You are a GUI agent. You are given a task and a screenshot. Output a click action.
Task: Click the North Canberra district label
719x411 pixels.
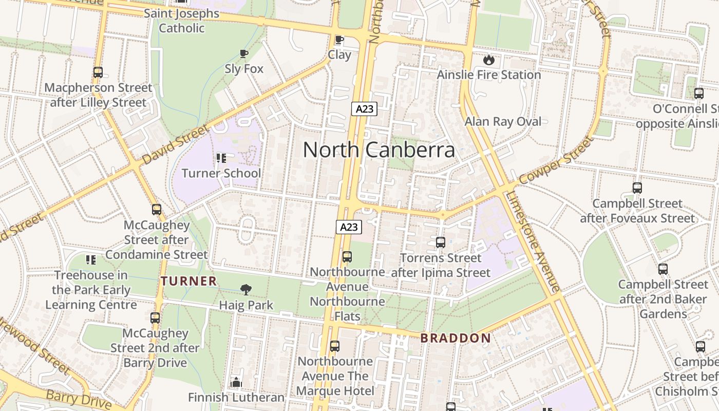(x=379, y=150)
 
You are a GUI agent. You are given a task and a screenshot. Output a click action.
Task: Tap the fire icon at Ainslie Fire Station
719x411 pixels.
(x=488, y=60)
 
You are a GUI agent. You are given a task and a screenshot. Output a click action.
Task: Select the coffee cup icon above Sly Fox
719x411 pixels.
(x=244, y=53)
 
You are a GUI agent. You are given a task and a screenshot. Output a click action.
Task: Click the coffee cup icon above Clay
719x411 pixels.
(x=339, y=40)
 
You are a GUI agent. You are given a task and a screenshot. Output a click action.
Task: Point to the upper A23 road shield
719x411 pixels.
(x=365, y=108)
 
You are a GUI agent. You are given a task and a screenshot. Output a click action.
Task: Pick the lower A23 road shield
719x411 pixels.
(x=349, y=227)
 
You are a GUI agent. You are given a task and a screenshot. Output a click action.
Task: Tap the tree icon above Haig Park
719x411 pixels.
(x=246, y=290)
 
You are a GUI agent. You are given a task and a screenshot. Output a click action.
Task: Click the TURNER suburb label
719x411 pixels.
(x=188, y=281)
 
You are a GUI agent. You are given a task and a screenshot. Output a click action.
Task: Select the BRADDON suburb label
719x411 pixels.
(x=456, y=338)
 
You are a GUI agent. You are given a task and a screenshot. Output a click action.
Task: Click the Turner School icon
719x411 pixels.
(x=221, y=158)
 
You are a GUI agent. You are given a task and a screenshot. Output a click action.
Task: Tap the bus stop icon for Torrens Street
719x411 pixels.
(x=440, y=242)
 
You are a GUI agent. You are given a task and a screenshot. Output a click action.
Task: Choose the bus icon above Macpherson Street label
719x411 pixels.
(x=98, y=72)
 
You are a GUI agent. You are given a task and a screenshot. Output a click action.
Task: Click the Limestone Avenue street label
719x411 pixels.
(x=533, y=241)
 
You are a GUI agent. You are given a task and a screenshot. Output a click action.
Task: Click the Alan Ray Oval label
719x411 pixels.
(x=503, y=122)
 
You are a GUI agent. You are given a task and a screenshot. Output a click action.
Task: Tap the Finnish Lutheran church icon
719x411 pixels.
(x=236, y=382)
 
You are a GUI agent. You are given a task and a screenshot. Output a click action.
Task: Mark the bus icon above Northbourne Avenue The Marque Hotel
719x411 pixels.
(x=335, y=346)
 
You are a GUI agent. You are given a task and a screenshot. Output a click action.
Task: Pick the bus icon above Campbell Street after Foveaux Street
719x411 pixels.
(x=637, y=188)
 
